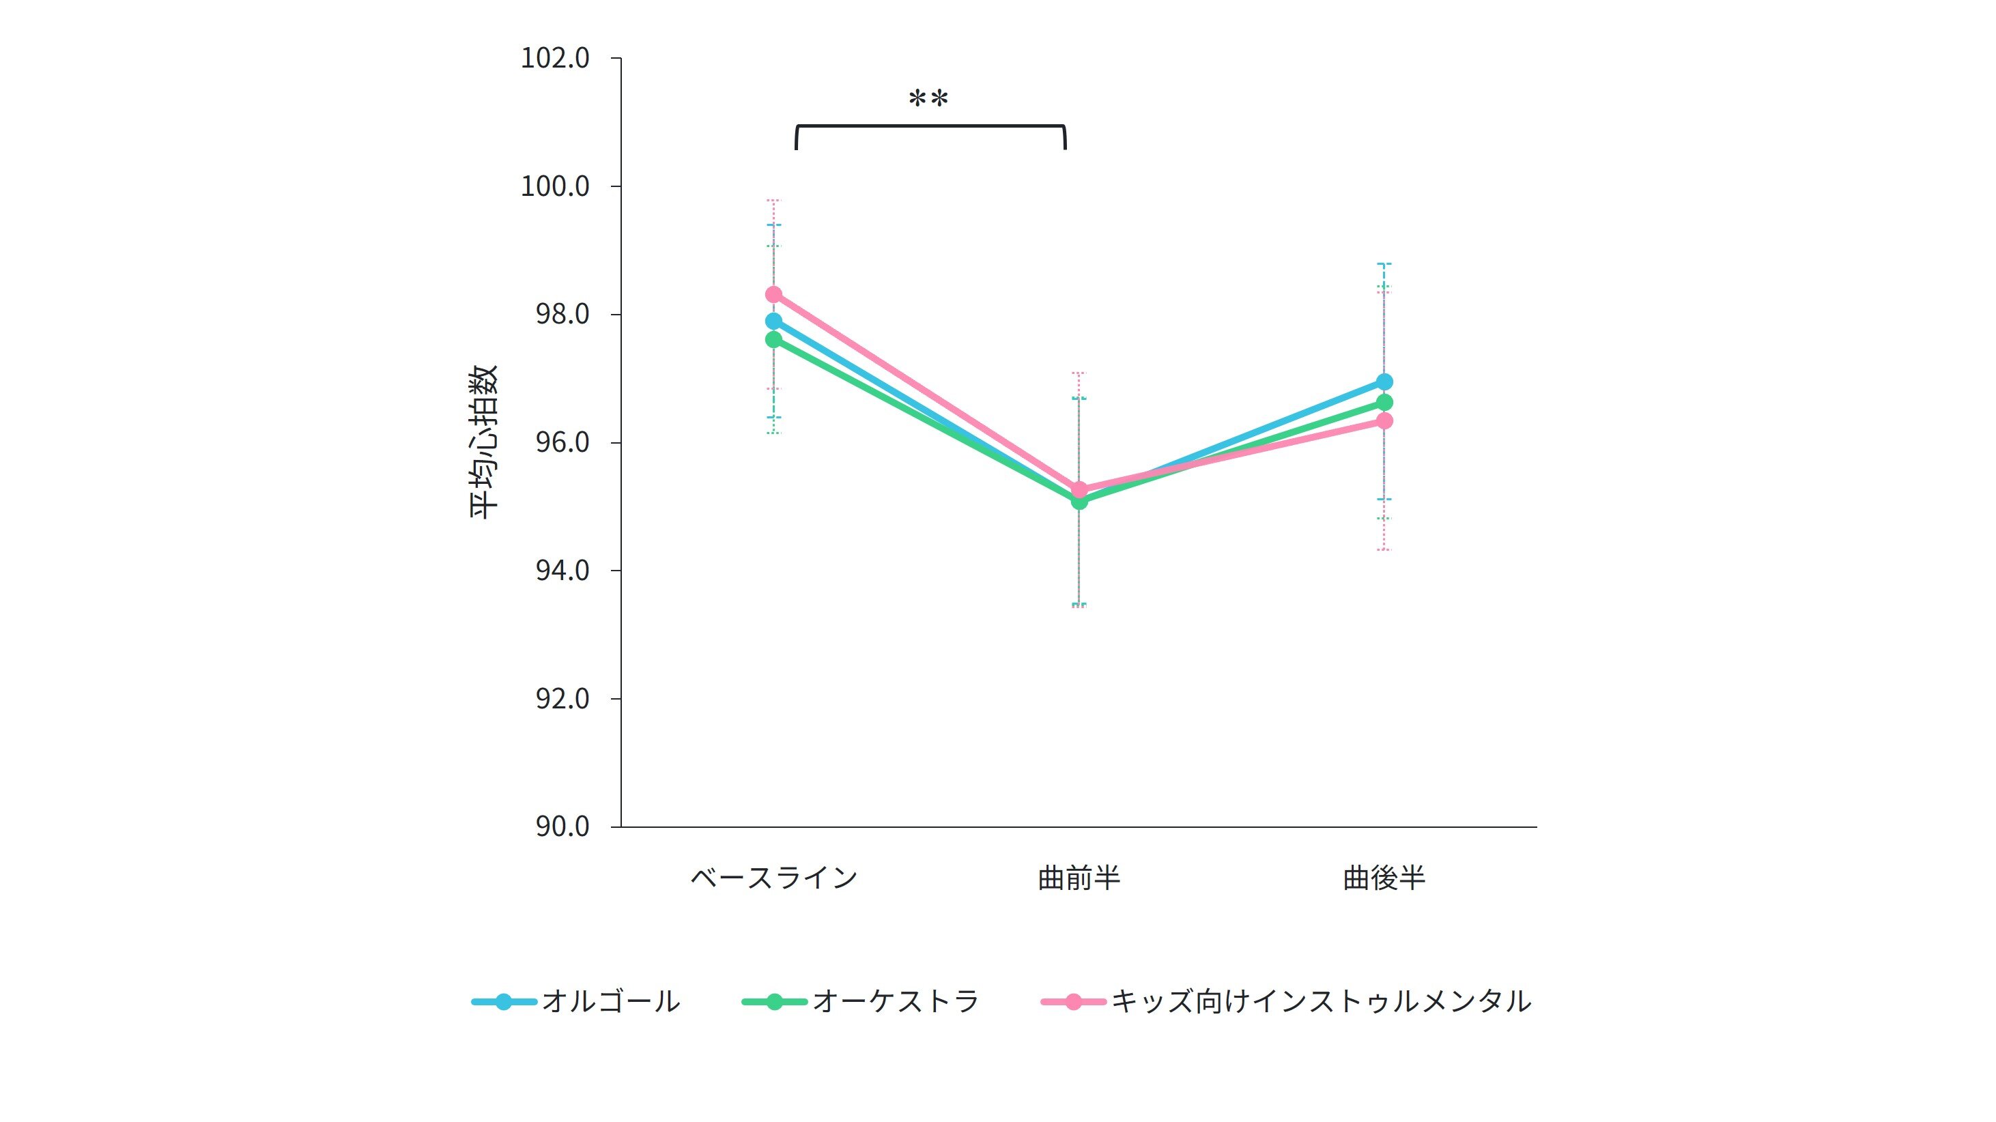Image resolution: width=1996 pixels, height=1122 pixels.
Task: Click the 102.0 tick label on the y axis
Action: point(555,58)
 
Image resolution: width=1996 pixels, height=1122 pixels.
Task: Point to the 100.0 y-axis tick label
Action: point(555,186)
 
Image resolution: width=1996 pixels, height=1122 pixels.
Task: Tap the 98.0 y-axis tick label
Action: point(562,314)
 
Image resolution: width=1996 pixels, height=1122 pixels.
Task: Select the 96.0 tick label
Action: point(562,442)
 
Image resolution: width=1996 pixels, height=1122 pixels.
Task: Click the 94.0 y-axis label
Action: point(562,571)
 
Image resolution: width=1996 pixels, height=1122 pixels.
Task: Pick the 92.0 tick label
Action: point(562,698)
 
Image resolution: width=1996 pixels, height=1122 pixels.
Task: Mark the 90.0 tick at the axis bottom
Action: point(562,826)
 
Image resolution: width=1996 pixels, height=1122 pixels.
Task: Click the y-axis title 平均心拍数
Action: point(483,442)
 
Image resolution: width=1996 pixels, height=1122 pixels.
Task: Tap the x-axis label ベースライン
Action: point(773,878)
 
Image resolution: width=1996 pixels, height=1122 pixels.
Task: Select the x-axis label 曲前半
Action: point(1079,878)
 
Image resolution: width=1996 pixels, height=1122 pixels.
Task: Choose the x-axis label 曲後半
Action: point(1384,878)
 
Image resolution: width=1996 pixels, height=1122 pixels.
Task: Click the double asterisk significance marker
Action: point(928,99)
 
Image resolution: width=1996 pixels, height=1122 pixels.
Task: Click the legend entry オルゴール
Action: point(610,1001)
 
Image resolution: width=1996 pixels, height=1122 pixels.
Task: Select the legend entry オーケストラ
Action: point(896,1001)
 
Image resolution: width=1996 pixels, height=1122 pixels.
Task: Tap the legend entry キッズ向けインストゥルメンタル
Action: point(1321,1001)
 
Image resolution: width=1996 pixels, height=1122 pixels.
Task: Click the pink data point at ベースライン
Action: point(773,294)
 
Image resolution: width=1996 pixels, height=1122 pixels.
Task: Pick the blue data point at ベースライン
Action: point(773,321)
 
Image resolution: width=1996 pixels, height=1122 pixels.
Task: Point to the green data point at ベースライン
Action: point(773,339)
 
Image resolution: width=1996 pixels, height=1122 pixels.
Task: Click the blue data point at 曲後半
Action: point(1384,382)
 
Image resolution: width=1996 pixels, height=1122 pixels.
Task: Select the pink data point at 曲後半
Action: point(1384,420)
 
